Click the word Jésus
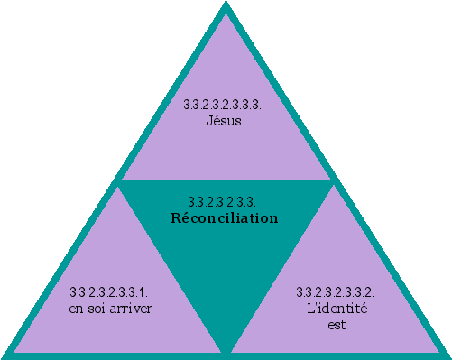point(224,120)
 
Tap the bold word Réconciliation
point(225,218)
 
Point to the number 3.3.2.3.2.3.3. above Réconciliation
point(224,201)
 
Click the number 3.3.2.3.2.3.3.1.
point(109,293)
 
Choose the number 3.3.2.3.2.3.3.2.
point(336,293)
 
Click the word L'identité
point(336,309)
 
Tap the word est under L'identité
point(336,324)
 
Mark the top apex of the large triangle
point(226,5)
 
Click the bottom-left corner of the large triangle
point(5,355)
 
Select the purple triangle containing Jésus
point(226,144)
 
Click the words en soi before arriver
point(88,309)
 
